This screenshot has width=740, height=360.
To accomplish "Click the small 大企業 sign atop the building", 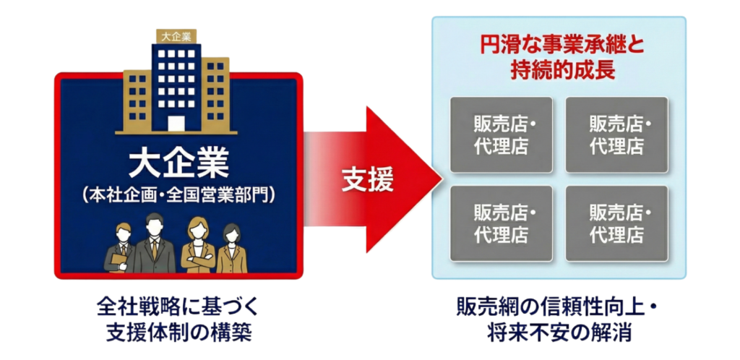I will point(177,35).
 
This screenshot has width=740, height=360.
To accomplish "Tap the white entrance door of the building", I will point(177,122).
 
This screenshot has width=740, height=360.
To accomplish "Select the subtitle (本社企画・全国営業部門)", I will point(178,194).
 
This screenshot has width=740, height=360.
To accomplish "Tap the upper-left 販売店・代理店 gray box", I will point(501,134).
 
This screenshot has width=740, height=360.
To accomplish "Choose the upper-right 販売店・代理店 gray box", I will point(616,134).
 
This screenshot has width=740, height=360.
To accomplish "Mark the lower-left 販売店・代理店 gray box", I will point(501,223).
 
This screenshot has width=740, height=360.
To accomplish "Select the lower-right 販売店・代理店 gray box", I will point(616,223).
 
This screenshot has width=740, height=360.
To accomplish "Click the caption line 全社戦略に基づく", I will point(177,307).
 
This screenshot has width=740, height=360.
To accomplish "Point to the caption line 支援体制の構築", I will point(177,333).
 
